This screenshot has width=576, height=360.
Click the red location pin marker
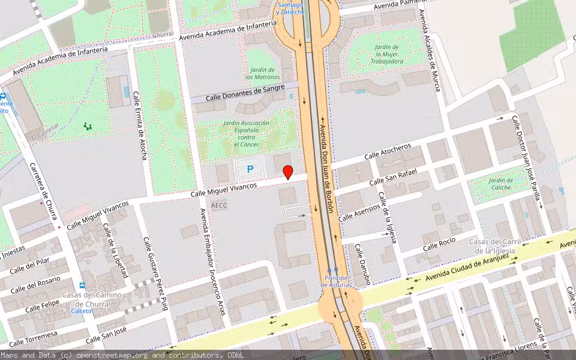point(288,172)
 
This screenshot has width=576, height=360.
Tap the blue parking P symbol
point(250,170)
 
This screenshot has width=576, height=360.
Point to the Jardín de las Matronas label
point(262,73)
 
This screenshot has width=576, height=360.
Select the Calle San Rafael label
point(392,177)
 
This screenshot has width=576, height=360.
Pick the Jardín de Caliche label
point(500,184)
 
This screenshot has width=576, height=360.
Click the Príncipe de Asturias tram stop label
point(337,281)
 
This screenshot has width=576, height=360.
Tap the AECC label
point(219,205)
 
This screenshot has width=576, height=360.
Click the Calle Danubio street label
point(362,263)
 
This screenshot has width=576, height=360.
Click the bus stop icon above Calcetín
point(82,285)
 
